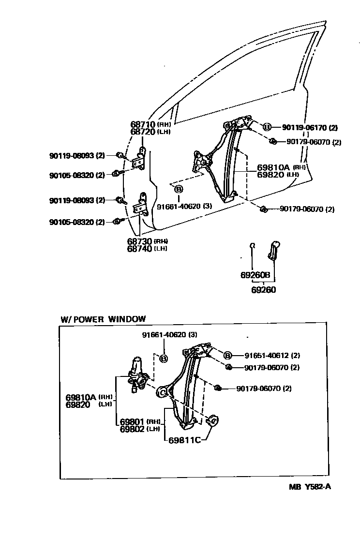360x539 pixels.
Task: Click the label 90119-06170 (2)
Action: (x=310, y=128)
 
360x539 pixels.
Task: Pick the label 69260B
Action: (x=255, y=275)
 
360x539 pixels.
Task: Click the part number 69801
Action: (x=132, y=421)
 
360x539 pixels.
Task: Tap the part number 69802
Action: (x=132, y=428)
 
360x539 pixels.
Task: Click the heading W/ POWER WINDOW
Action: (x=103, y=319)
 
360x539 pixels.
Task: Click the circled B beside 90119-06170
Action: (x=266, y=127)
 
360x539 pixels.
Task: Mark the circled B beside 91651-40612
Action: (x=227, y=355)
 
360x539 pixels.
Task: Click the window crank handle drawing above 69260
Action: (x=274, y=250)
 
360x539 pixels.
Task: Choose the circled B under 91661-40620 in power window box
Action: (x=164, y=359)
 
